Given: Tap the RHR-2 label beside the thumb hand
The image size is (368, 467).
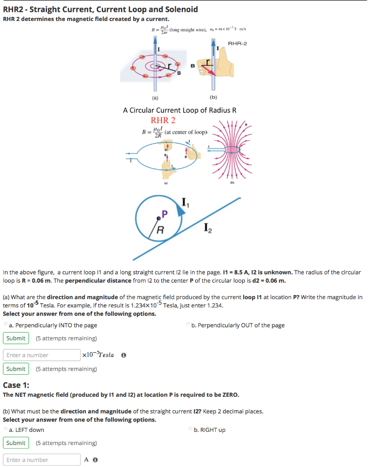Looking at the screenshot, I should [237, 43].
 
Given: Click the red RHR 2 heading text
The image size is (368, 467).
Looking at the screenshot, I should [163, 120].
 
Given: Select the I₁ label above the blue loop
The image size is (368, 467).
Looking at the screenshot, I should [185, 202].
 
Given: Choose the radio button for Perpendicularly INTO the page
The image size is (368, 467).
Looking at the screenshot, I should [5, 325].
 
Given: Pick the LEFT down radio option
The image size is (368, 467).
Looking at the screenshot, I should [5, 429].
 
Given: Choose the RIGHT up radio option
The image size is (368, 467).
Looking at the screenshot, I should [190, 429].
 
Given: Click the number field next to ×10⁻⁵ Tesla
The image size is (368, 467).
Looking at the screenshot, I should [42, 355].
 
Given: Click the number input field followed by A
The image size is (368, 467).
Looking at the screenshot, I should [42, 460].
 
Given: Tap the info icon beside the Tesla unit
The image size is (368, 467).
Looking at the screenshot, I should [124, 355].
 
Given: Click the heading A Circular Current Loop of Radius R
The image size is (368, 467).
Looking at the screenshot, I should [180, 110].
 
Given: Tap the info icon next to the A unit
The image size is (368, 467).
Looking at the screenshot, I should [95, 460].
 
